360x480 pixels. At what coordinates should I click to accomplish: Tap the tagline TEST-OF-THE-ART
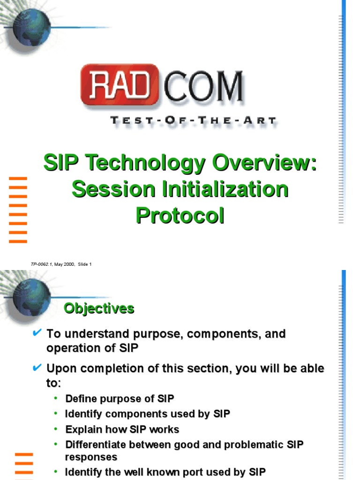tap(193, 120)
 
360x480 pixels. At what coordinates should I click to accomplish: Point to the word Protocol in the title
tap(180, 216)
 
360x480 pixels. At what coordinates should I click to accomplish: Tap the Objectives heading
tap(99, 308)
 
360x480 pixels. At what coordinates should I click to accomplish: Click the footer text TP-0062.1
tap(41, 264)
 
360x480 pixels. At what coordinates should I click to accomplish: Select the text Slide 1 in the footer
tap(84, 264)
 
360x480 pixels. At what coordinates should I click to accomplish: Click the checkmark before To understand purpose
tap(37, 333)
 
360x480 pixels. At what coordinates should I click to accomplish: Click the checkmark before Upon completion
tap(37, 367)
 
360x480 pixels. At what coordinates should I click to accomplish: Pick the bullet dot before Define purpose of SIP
tap(56, 398)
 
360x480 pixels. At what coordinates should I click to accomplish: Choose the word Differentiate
tap(97, 445)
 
